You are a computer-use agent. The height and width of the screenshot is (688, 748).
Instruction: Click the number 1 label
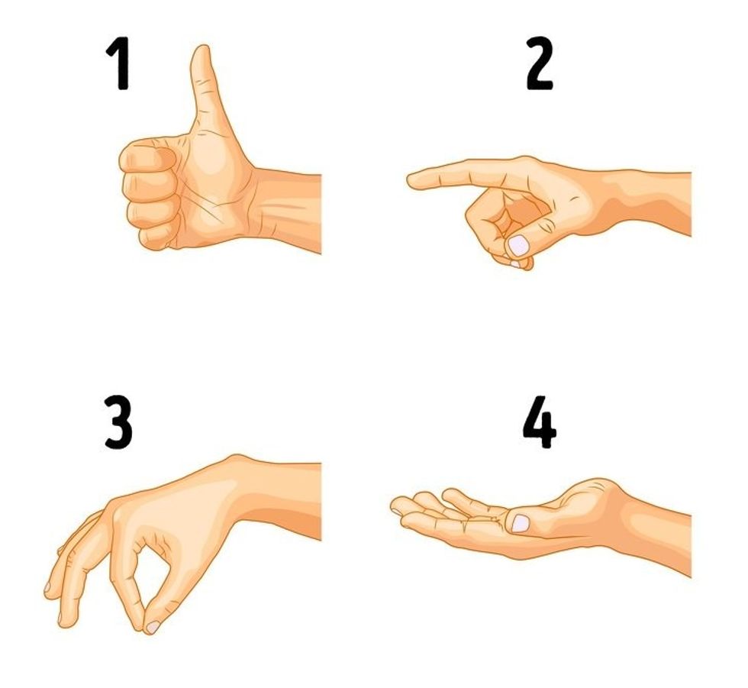118,66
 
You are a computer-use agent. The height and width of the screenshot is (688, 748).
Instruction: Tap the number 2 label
539,66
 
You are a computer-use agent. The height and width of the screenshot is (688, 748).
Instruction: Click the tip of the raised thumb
201,52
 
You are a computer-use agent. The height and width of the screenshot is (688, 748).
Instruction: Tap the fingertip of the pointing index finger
413,181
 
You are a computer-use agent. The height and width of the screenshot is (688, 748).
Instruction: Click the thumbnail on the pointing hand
519,245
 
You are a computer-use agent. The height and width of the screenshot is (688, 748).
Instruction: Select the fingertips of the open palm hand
400,507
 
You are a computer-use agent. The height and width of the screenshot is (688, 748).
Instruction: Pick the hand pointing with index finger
534,199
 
